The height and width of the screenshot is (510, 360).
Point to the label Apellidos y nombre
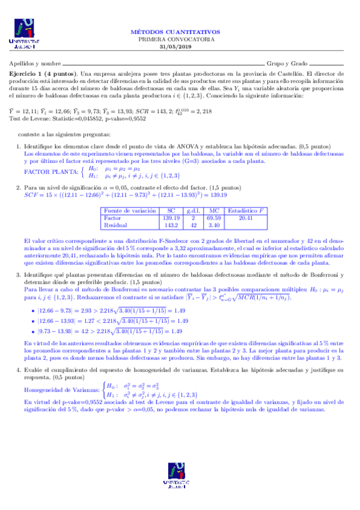tap(35, 63)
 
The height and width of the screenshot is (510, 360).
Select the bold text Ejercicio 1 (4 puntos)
tap(43, 72)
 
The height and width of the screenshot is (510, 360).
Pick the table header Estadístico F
tap(246, 212)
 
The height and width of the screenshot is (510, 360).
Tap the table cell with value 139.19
tap(171, 218)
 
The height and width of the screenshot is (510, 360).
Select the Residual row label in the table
tap(117, 225)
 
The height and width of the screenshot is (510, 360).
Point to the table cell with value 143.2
tap(172, 225)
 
